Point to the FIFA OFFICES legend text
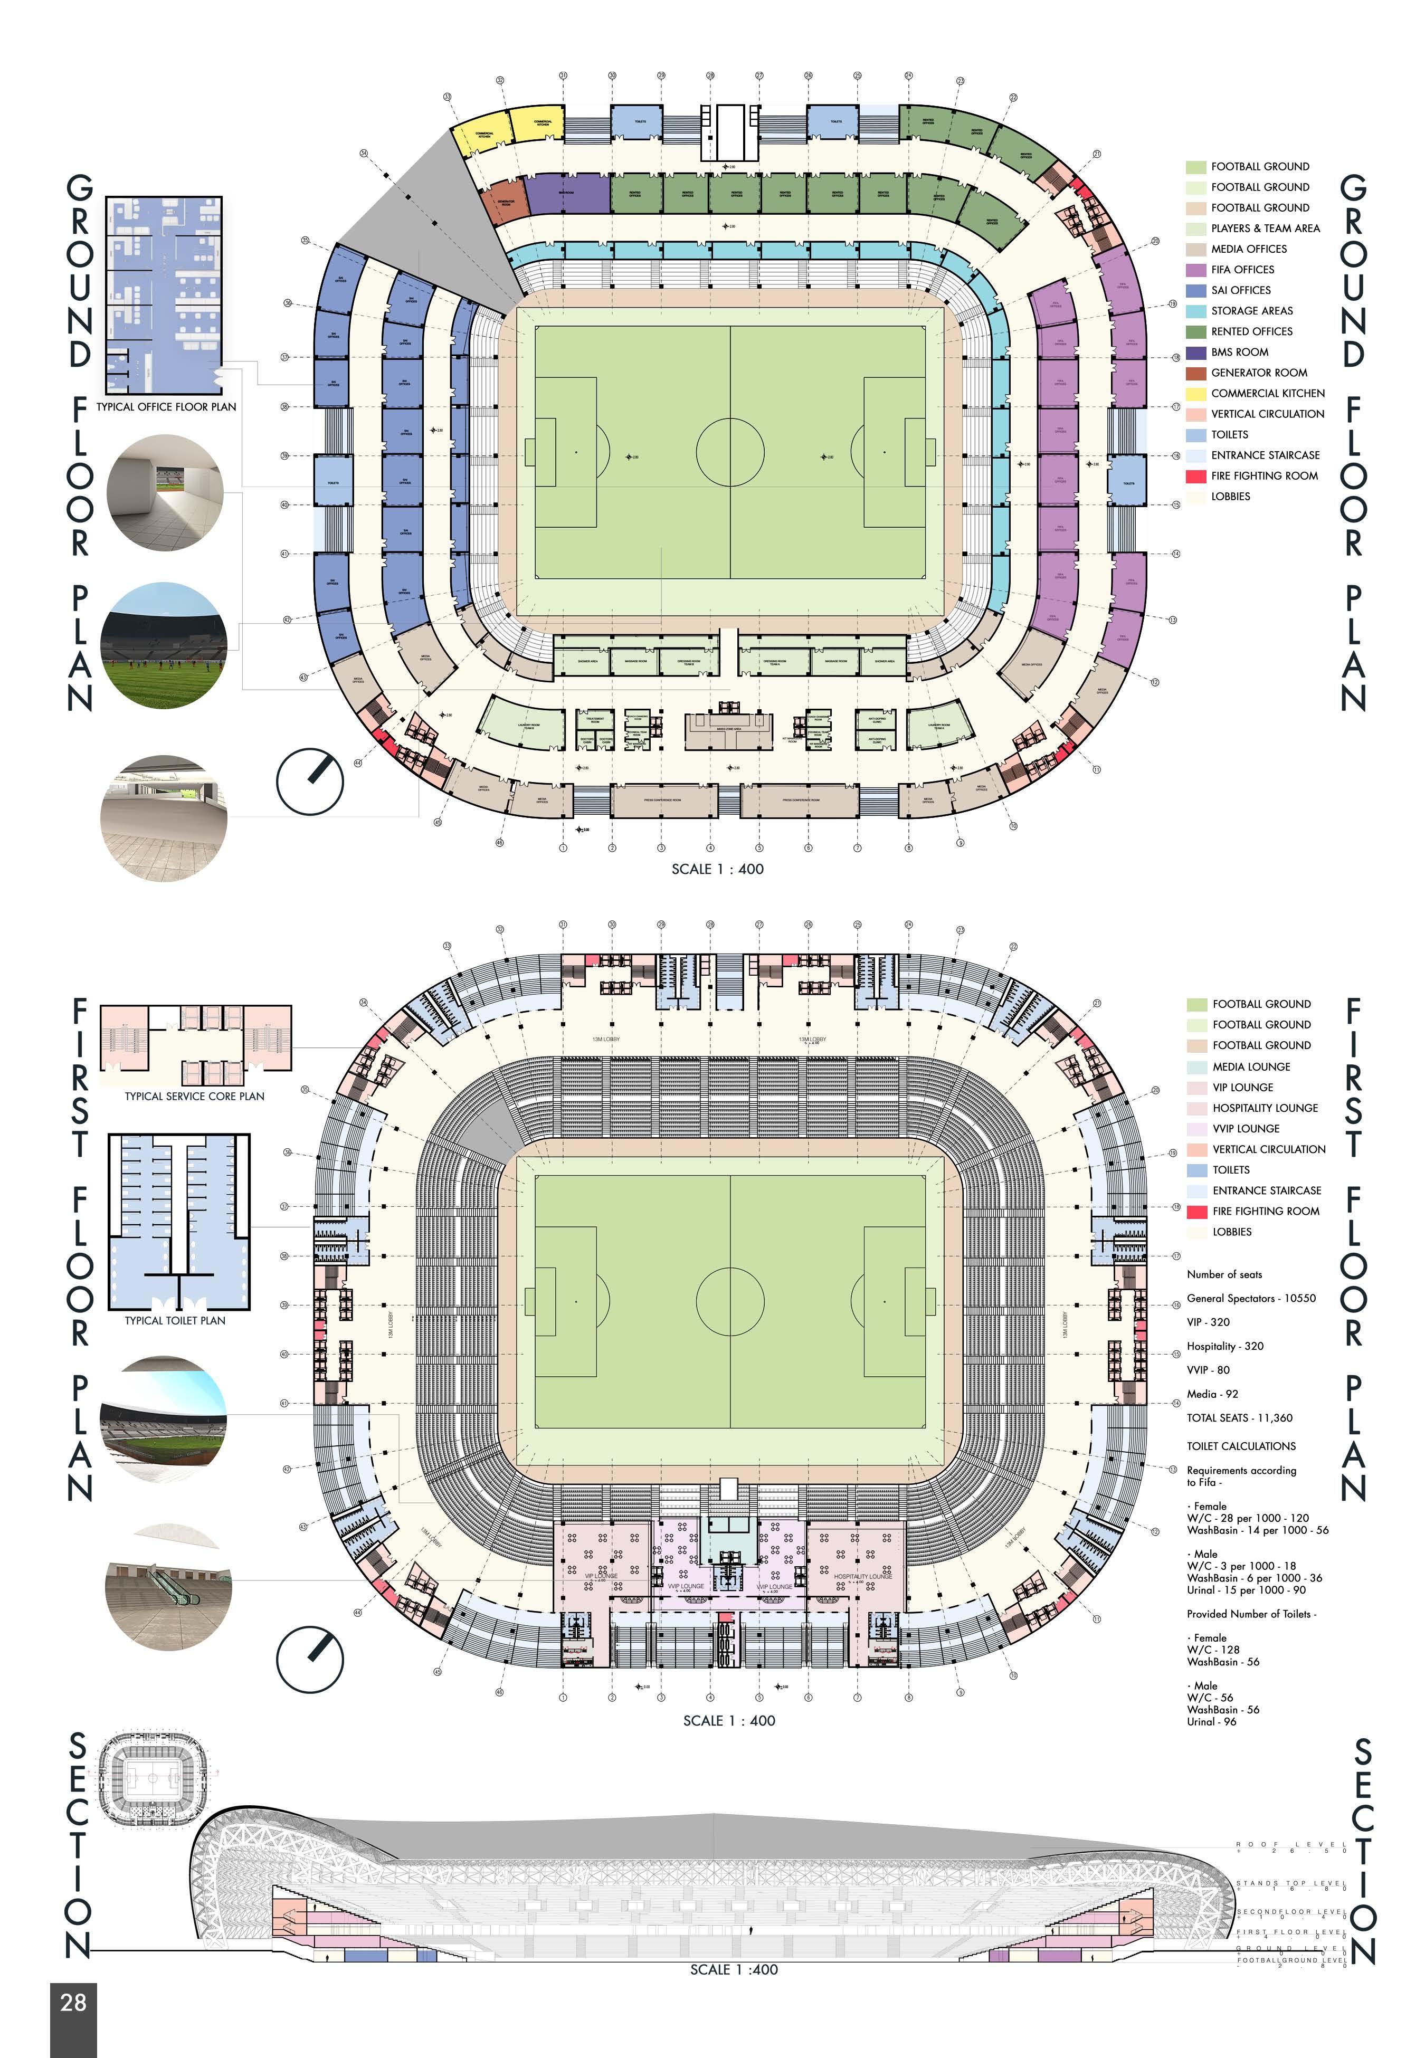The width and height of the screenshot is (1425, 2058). pos(1242,270)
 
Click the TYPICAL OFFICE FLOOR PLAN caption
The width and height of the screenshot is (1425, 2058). pos(166,407)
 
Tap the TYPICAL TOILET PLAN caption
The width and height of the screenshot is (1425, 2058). pos(175,1321)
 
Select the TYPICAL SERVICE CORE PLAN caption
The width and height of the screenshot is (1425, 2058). pos(195,1097)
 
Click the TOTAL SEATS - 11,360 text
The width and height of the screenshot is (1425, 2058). pos(1239,1418)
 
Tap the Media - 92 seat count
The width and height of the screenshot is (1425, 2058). pos(1212,1394)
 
